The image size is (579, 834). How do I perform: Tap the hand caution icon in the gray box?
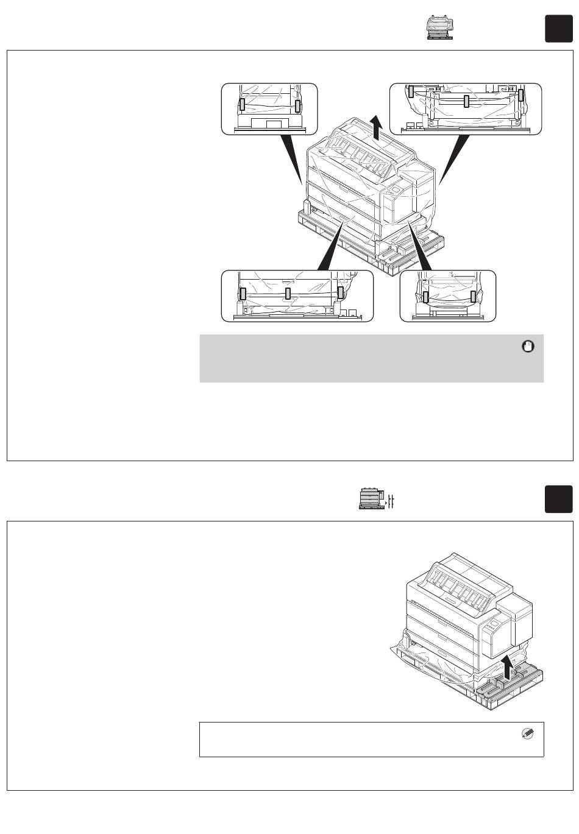(x=528, y=347)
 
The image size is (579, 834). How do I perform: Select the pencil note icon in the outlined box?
(x=528, y=734)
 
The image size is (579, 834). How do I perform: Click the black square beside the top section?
(x=558, y=29)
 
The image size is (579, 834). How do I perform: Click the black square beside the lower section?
(x=558, y=499)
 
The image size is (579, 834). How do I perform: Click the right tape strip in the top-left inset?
(x=297, y=106)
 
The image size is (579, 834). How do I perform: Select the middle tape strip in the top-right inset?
(x=466, y=101)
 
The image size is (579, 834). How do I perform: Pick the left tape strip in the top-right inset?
(x=411, y=91)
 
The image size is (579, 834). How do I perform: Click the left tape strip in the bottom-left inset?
(x=243, y=294)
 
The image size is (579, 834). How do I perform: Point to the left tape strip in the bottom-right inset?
(x=425, y=297)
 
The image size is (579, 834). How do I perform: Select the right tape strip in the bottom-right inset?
(x=473, y=297)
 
